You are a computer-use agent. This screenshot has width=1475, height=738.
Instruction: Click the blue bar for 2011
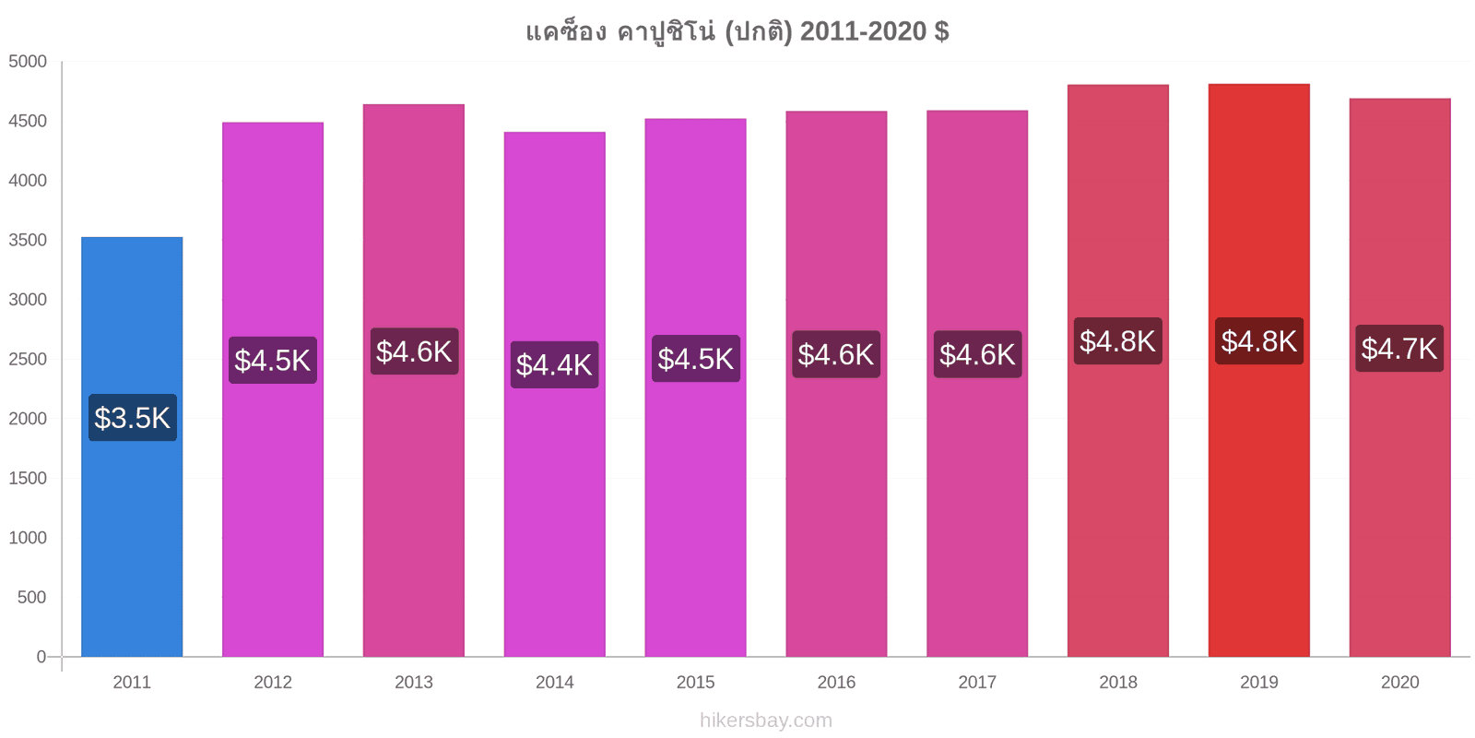(x=132, y=446)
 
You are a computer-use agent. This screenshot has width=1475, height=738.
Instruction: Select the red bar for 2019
(x=1259, y=370)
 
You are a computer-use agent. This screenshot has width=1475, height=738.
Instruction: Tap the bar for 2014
(x=554, y=394)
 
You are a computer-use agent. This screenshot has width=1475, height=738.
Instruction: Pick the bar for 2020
(x=1400, y=377)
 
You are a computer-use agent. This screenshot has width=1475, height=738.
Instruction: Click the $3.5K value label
(x=133, y=418)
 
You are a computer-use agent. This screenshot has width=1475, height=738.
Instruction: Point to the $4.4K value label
(x=554, y=364)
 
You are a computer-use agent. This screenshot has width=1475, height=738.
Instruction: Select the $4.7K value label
(x=1399, y=349)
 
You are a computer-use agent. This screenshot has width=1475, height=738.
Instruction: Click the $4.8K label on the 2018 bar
(x=1117, y=341)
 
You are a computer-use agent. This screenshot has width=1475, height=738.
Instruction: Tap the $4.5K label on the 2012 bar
(x=273, y=361)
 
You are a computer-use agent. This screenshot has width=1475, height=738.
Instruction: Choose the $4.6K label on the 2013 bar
(x=414, y=351)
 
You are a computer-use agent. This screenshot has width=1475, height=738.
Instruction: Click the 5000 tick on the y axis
(x=28, y=61)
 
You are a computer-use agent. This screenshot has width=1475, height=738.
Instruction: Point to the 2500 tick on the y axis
(x=28, y=359)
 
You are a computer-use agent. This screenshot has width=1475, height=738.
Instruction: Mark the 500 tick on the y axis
(x=32, y=597)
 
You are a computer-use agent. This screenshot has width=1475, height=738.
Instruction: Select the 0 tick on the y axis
(x=41, y=657)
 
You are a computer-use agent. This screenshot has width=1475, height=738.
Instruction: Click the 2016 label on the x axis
(x=836, y=682)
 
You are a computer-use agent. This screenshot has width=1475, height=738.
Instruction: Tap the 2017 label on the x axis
(x=977, y=682)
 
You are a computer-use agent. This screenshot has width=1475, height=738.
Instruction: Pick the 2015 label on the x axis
(x=695, y=682)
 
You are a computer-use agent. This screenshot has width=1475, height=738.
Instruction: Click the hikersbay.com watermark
(x=766, y=720)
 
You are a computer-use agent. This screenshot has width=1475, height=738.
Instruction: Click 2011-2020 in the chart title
(x=863, y=31)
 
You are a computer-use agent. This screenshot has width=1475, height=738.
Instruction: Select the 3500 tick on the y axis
(x=28, y=240)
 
